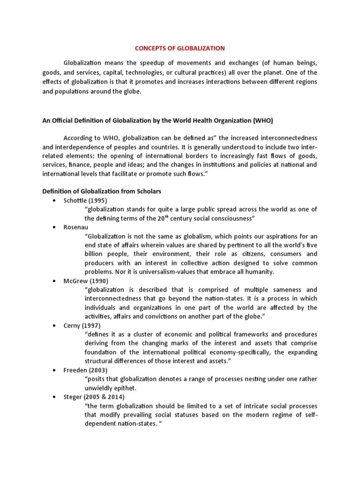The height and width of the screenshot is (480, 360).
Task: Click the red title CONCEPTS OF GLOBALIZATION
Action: pos(180,48)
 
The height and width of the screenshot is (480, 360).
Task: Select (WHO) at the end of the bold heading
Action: pos(262,121)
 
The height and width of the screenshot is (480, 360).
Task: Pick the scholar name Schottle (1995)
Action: pos(83,201)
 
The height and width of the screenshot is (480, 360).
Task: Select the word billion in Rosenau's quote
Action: pos(97,254)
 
